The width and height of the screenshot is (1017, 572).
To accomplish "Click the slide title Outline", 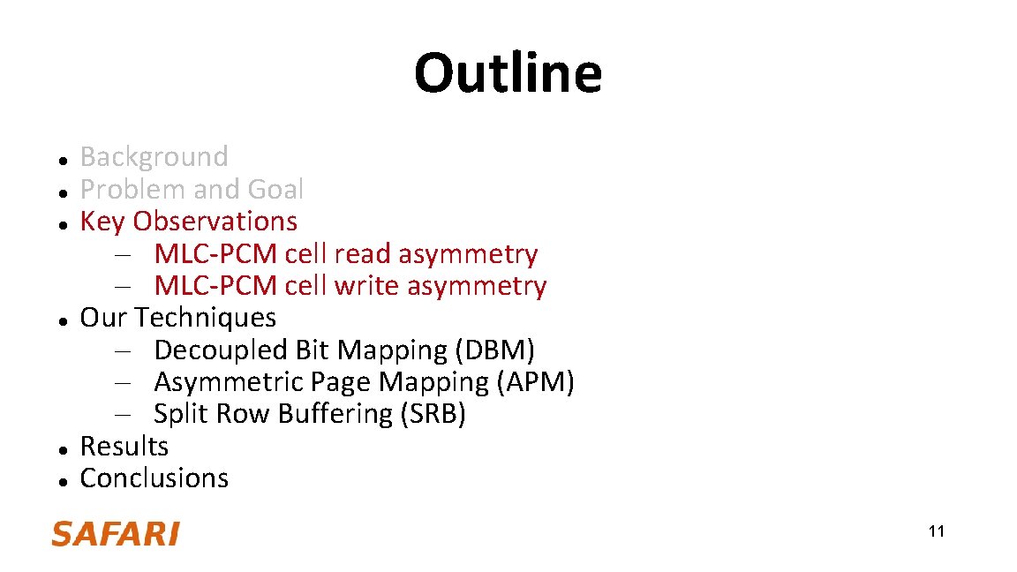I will [508, 73].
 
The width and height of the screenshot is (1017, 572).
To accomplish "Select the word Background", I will [154, 157].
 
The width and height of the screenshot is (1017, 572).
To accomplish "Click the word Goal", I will [275, 190].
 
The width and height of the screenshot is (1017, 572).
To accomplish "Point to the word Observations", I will [215, 221].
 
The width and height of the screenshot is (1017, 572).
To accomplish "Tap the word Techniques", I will [205, 318].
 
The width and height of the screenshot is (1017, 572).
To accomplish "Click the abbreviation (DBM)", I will [494, 350].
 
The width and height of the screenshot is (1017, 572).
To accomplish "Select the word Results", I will [124, 446].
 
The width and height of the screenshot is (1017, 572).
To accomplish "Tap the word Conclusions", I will [154, 478].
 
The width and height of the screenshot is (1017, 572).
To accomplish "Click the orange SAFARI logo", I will [115, 534].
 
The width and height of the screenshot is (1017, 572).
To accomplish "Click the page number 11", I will [936, 531].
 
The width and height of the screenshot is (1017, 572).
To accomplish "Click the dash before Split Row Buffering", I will [122, 415].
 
